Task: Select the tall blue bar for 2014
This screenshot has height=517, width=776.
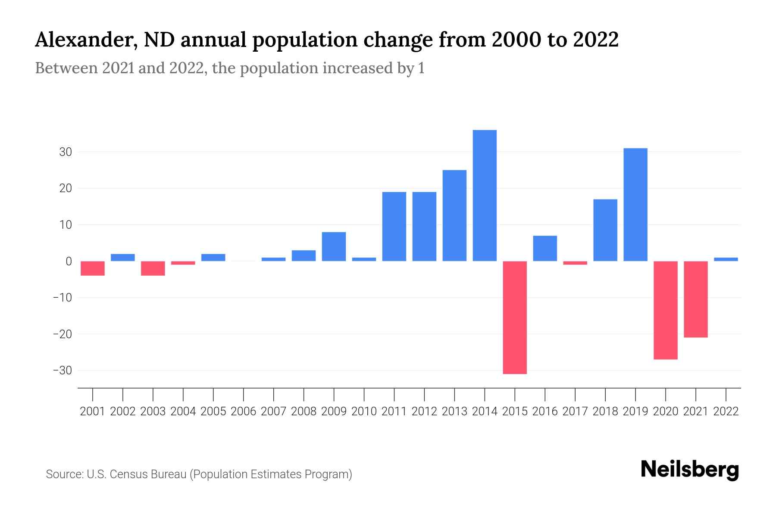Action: coord(485,196)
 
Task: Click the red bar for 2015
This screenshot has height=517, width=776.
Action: coord(515,318)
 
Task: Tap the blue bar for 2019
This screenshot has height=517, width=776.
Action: coord(635,205)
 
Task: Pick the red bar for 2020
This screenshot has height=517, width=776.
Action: coord(666,310)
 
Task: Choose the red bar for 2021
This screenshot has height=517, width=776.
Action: coord(696,299)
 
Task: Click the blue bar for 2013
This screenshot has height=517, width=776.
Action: coord(454,215)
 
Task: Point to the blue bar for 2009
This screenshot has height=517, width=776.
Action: coord(334,246)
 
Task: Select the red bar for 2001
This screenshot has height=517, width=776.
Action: coord(93,268)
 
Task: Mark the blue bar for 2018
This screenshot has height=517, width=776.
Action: coord(605,230)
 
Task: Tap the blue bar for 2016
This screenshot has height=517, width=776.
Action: coord(545,248)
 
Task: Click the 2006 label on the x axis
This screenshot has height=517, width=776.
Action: coord(244,411)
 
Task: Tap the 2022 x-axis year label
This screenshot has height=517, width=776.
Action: coord(726,411)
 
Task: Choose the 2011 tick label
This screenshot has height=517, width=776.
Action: coord(394,411)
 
